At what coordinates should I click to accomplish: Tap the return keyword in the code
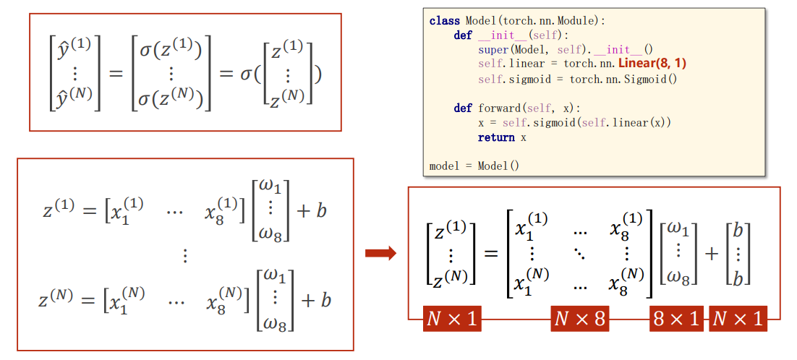[x=496, y=137]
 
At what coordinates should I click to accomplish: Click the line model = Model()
[x=474, y=166]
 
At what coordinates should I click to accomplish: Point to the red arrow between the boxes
[x=380, y=252]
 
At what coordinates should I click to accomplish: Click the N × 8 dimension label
[x=579, y=319]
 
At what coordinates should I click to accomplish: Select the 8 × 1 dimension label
[x=676, y=319]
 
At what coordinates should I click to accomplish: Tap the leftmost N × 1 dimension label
[x=452, y=319]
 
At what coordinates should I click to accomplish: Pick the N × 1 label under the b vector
[x=737, y=319]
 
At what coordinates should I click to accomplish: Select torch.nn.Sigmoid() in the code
[x=623, y=79]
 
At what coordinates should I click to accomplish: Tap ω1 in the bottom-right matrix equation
[x=679, y=229]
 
